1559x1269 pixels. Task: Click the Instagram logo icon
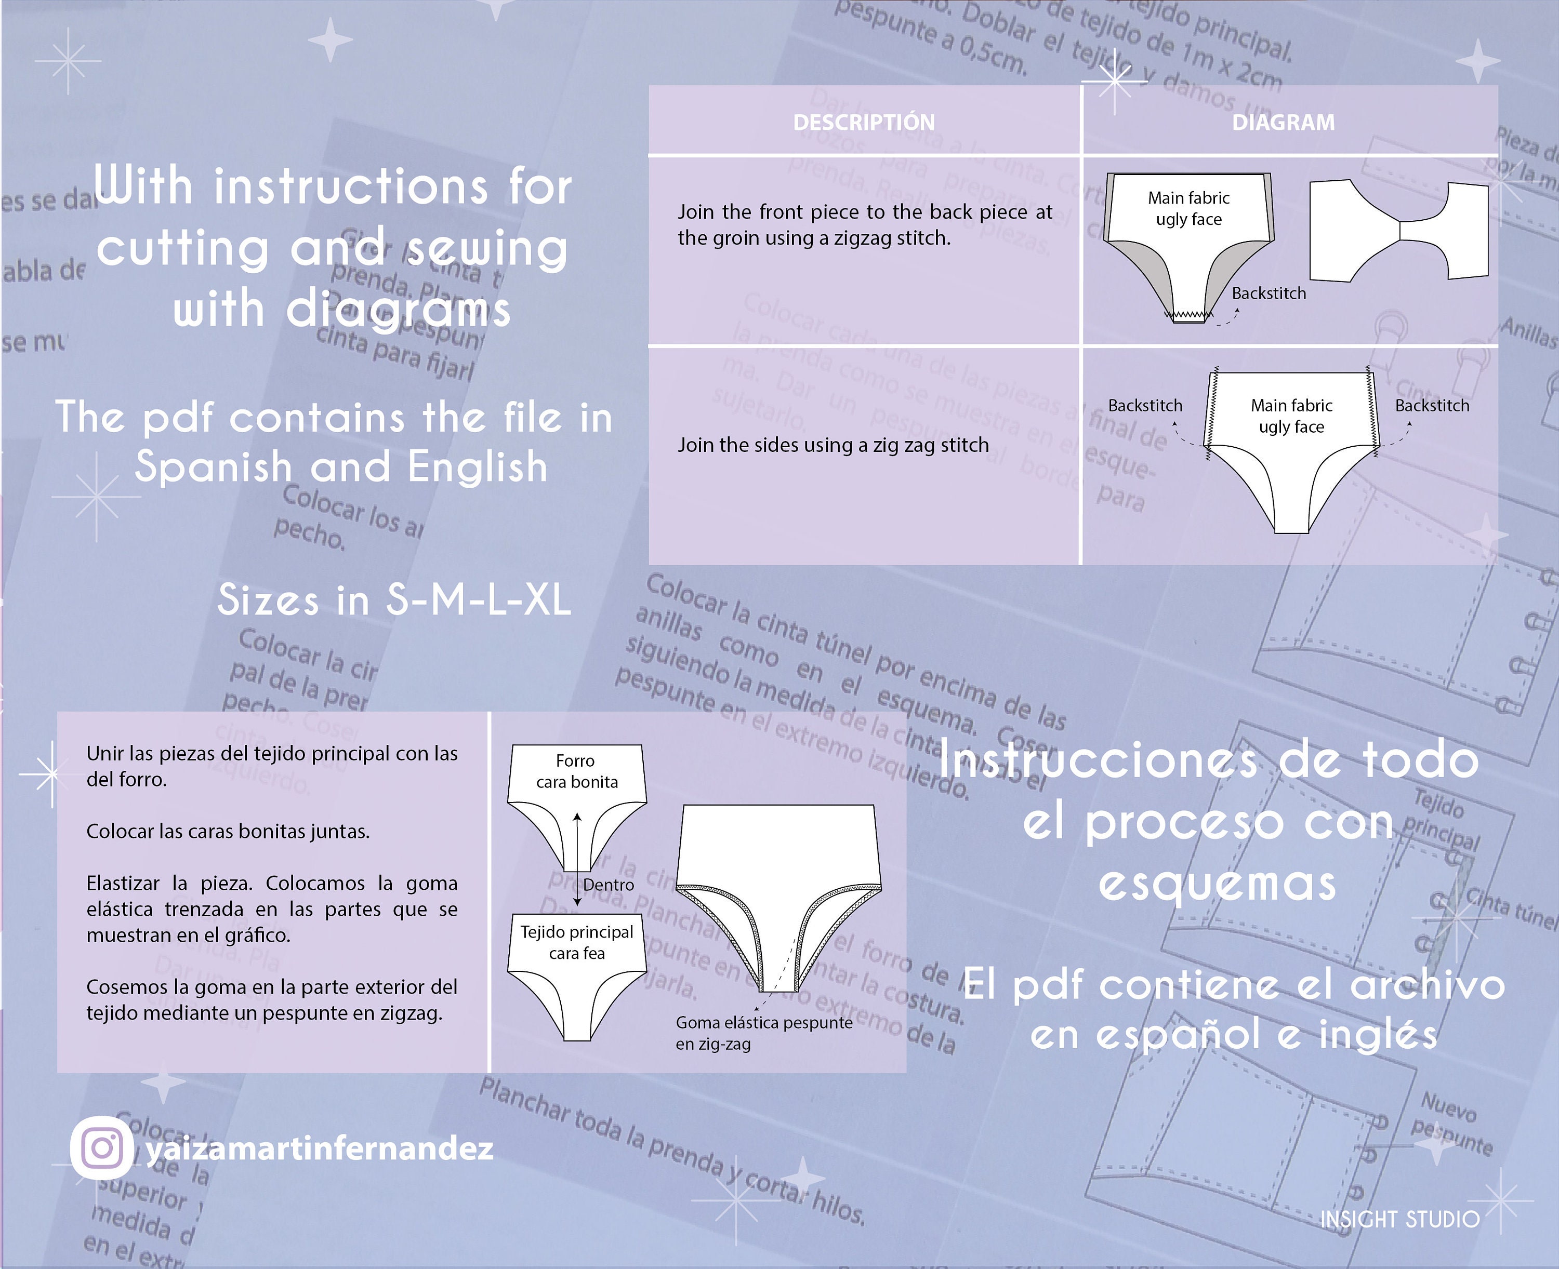click(102, 1147)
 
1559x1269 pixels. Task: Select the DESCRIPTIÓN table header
click(864, 122)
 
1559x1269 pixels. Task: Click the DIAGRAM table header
click(1284, 122)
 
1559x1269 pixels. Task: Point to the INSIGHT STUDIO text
click(1399, 1219)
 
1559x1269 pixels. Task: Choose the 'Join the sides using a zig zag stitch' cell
click(833, 445)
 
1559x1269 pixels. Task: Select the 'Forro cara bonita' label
click(576, 771)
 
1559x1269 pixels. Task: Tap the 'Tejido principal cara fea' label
click(576, 942)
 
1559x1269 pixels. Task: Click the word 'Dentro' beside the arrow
click(609, 885)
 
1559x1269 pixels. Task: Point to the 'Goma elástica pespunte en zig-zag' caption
click(763, 1032)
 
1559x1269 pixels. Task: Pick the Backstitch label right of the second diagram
click(1432, 406)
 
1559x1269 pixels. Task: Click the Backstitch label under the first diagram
click(1268, 293)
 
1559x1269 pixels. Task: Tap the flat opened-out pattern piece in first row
click(1398, 230)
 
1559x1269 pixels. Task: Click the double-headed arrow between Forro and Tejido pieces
click(577, 859)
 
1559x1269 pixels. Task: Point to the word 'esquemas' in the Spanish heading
click(1218, 883)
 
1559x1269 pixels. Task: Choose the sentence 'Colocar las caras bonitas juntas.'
click(228, 831)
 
